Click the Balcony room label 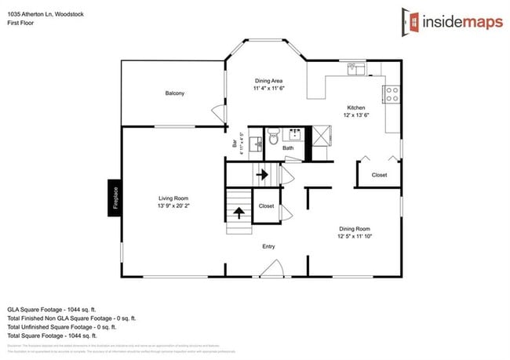(175, 93)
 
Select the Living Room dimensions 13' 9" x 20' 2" (173, 206)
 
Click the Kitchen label (357, 107)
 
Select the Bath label (288, 147)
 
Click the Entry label (268, 246)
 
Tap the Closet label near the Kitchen (379, 175)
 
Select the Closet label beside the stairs (266, 206)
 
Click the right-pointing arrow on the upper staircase (262, 174)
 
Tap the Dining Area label (268, 81)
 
